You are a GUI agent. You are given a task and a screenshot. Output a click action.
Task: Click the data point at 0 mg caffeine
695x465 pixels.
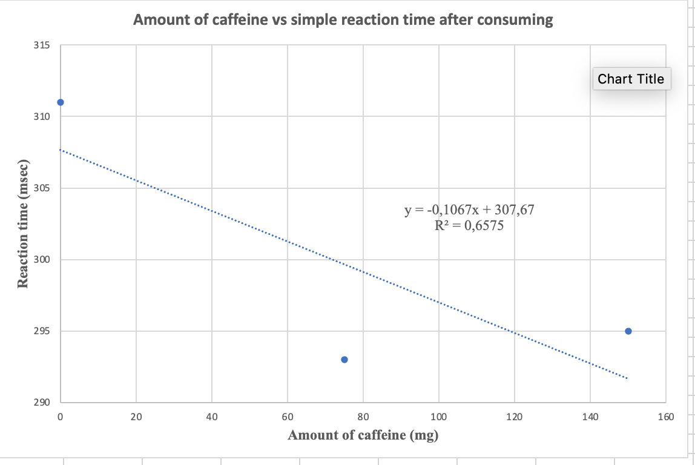[x=60, y=102]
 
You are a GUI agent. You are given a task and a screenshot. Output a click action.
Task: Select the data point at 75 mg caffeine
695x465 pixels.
[x=344, y=360]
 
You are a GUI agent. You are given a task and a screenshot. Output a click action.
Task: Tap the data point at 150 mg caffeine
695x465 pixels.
[x=628, y=331]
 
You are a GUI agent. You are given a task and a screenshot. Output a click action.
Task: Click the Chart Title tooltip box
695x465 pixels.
[x=631, y=79]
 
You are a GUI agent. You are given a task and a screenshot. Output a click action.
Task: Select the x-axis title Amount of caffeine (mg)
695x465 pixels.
[x=363, y=435]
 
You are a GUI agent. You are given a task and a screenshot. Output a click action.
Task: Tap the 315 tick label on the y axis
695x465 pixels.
[x=42, y=45]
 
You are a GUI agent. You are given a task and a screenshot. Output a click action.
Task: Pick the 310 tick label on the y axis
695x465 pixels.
[x=42, y=117]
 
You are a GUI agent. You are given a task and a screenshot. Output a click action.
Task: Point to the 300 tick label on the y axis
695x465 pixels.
[x=42, y=260]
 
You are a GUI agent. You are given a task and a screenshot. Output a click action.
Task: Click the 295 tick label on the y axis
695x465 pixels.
[x=42, y=331]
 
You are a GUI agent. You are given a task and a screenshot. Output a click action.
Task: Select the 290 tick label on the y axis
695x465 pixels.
[x=42, y=403]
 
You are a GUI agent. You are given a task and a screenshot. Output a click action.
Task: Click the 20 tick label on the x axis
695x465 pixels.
[x=136, y=416]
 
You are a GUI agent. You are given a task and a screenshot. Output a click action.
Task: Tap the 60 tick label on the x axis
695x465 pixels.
[x=288, y=416]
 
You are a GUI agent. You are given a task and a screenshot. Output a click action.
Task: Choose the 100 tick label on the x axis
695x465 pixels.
[x=439, y=416]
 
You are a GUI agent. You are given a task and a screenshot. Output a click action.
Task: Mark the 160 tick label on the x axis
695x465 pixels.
[x=665, y=416]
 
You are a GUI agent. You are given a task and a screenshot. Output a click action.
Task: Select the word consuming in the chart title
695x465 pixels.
[x=515, y=20]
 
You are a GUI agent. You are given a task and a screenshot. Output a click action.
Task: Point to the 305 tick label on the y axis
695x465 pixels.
[x=42, y=188]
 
